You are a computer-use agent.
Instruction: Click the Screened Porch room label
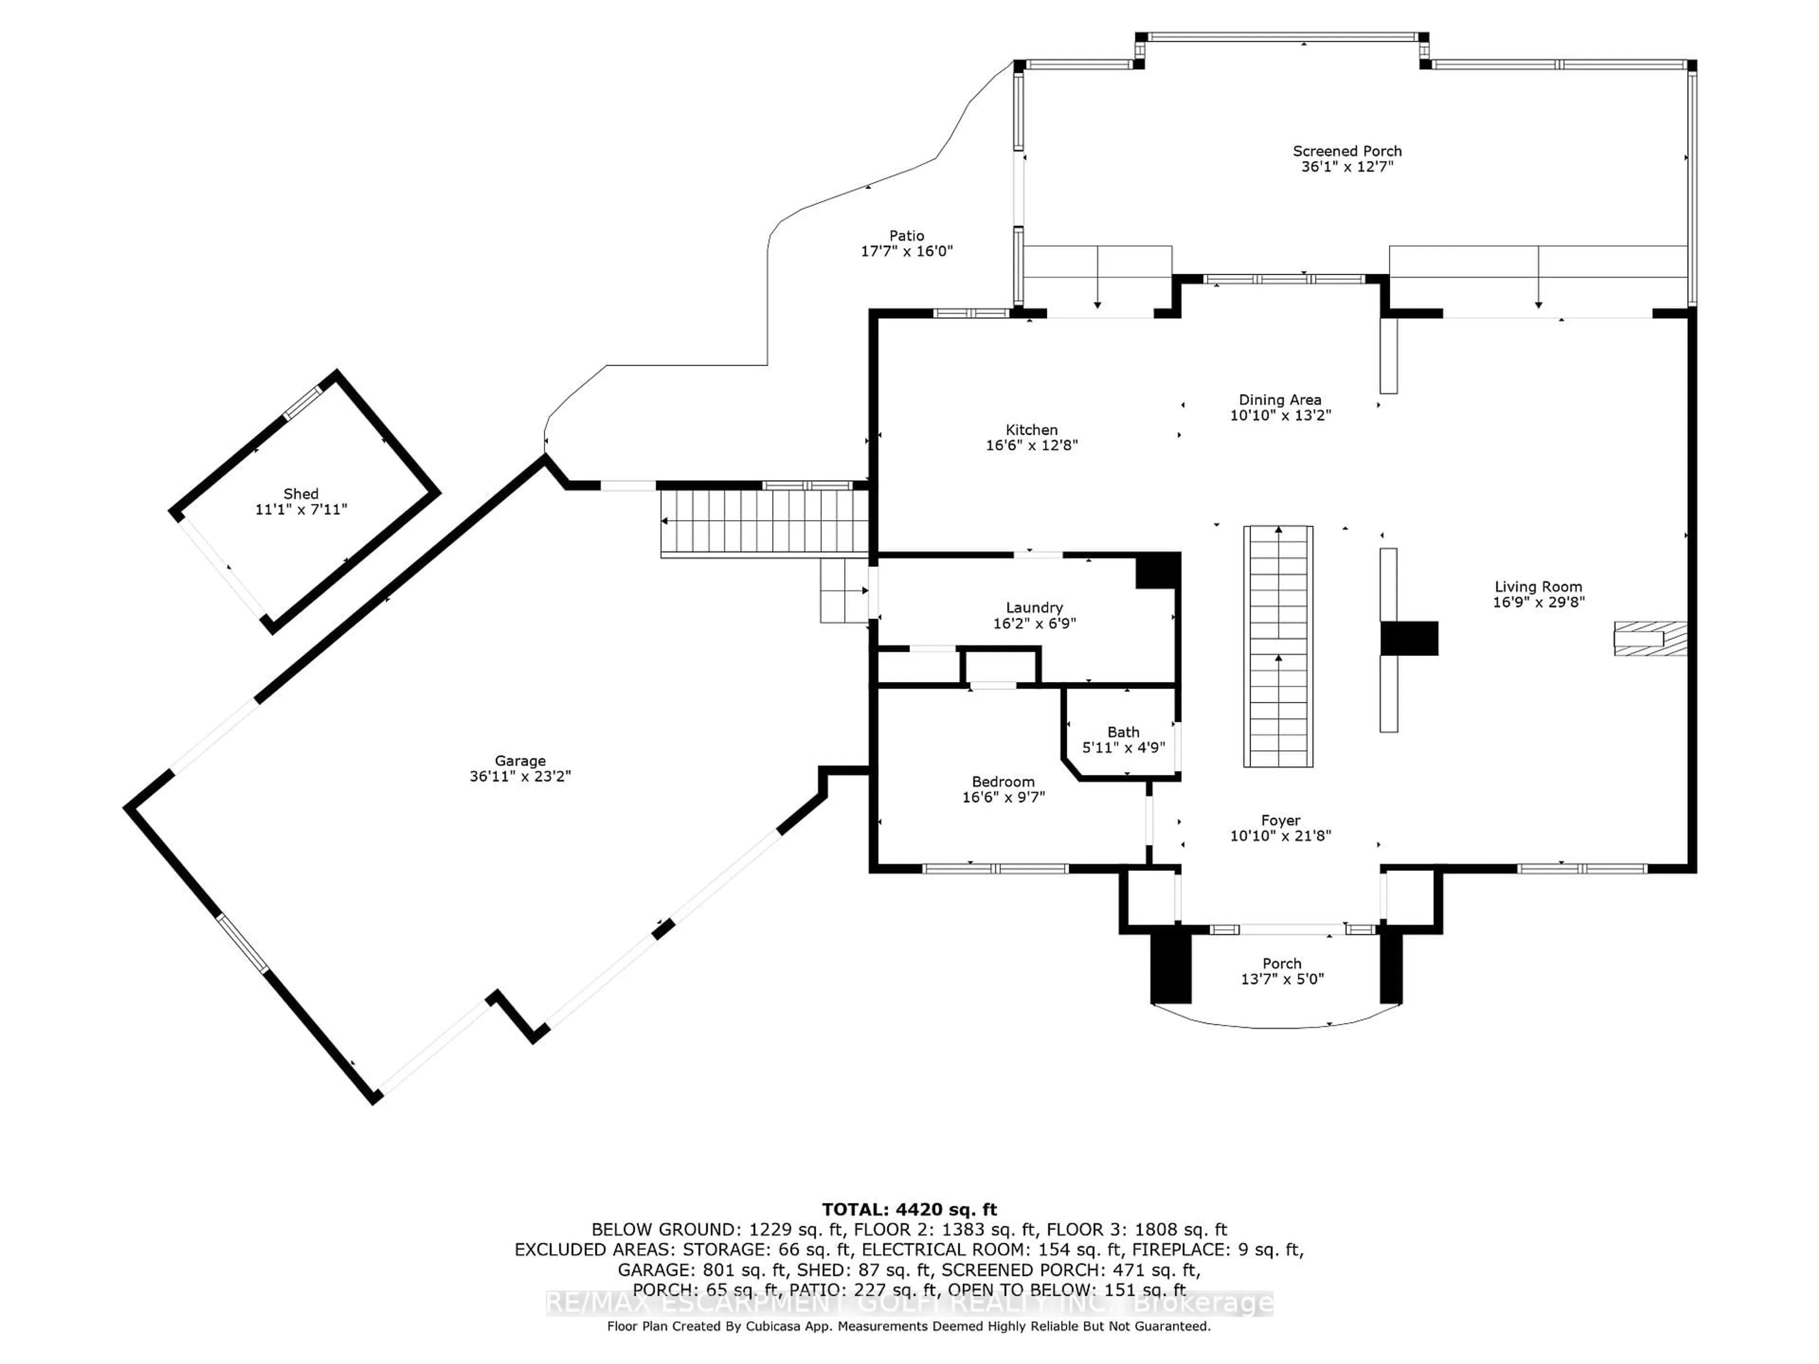1347,151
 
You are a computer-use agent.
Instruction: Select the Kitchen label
1031,430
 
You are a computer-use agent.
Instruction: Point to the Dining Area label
1280,400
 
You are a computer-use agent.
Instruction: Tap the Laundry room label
1035,608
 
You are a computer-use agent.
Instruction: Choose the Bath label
1123,732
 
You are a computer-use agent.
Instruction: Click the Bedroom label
1003,782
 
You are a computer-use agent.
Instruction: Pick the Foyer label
1280,821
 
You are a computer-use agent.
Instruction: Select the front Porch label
1282,964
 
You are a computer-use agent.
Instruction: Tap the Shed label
301,494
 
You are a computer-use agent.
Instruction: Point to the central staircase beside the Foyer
1278,646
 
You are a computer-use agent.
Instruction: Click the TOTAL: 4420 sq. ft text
909,1210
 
